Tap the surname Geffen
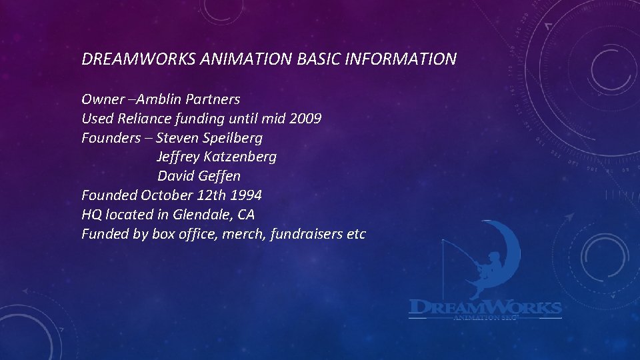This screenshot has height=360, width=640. [219, 177]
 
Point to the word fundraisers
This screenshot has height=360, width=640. [308, 234]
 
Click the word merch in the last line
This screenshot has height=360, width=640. [248, 234]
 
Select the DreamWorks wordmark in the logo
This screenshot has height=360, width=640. [485, 307]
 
